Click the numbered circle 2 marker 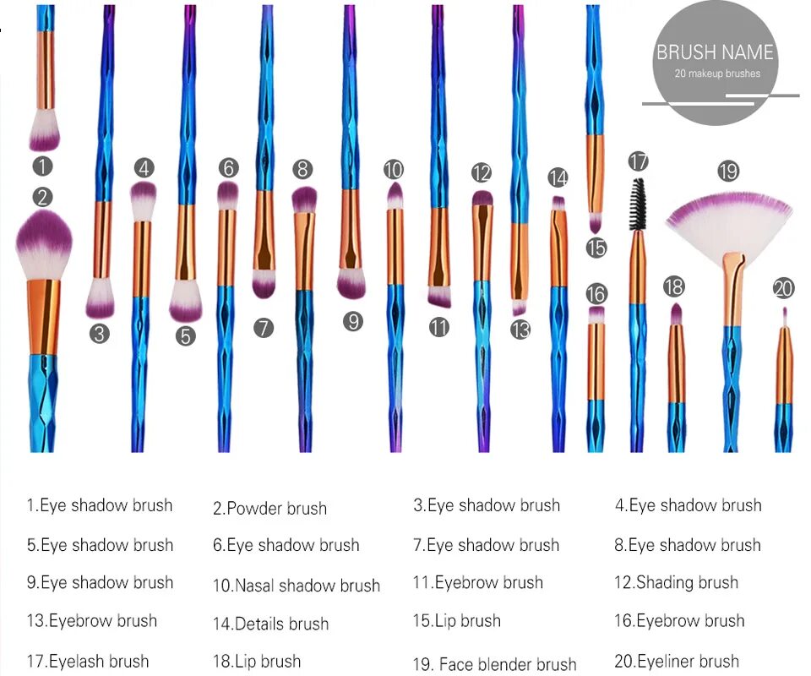43,198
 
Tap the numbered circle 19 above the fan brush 728,172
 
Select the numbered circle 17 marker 638,161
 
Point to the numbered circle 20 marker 783,288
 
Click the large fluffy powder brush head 44,245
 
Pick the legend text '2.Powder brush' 269,509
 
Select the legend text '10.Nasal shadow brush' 297,586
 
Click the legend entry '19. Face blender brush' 495,664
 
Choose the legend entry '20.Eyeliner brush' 677,662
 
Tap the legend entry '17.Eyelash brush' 88,662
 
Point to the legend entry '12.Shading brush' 677,582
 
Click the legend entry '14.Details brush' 271,624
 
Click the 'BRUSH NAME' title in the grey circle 715,52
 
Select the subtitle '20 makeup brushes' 717,74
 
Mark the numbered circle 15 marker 596,248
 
